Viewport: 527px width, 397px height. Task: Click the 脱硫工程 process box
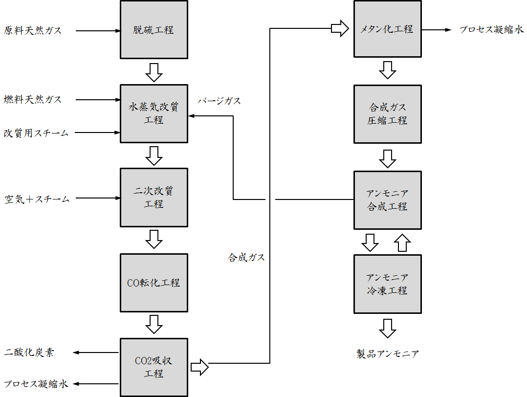154,30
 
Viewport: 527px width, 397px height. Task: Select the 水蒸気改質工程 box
154,113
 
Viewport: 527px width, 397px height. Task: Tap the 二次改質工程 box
154,198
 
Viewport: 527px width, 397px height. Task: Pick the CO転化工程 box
154,283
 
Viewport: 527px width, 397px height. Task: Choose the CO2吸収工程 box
154,368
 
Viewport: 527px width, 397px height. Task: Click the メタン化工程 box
387,29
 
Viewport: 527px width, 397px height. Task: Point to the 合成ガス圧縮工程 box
387,114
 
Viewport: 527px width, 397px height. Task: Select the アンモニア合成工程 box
387,200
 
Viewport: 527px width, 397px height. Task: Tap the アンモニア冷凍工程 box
387,284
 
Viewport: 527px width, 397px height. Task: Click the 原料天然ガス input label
33,30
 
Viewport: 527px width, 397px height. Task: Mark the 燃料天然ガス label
33,100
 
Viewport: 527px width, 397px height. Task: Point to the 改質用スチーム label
36,133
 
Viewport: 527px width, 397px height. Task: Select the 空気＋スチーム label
37,199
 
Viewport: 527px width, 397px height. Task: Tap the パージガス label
219,101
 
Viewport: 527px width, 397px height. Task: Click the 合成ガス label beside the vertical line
246,258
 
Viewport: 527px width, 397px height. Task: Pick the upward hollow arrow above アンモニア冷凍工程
402,243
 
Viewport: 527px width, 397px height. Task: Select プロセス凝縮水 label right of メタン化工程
491,30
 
